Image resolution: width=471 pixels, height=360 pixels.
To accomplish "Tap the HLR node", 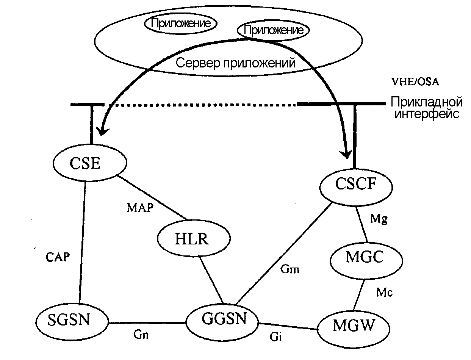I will [193, 239].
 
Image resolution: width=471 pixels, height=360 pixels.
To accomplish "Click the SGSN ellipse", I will [69, 321].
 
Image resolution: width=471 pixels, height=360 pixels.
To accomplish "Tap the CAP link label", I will [58, 257].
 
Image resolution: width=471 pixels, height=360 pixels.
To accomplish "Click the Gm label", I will [290, 270].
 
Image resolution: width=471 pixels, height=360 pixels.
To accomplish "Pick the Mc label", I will [384, 292].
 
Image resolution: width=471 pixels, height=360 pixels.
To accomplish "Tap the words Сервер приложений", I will [235, 63].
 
